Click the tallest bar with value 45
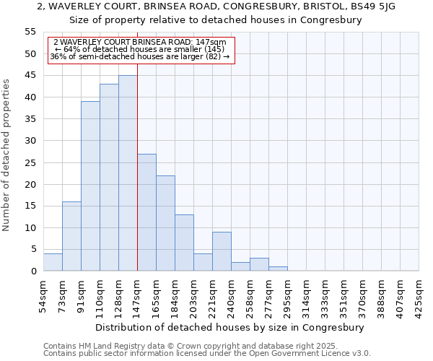[x=128, y=173]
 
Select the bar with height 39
[x=90, y=186]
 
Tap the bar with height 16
[x=71, y=236]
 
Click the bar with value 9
[x=222, y=251]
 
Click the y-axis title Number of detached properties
[x=7, y=155]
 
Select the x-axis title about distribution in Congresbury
[x=230, y=327]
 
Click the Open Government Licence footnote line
[x=206, y=354]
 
